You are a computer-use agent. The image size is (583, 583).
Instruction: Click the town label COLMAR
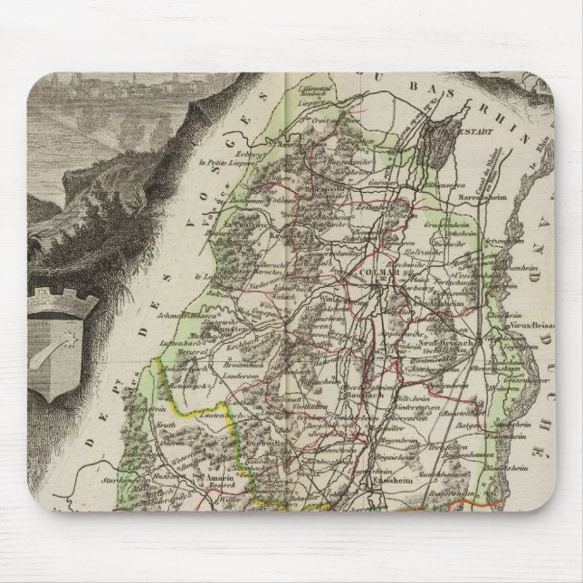373,270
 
